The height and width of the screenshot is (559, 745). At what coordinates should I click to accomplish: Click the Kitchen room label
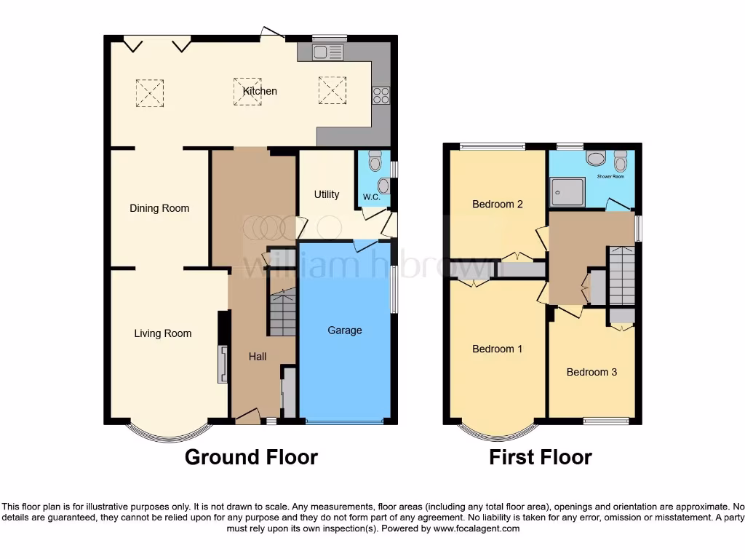pyautogui.click(x=260, y=91)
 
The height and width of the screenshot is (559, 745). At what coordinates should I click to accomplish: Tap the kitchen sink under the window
pyautogui.click(x=327, y=52)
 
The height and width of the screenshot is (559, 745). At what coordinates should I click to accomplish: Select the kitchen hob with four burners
pyautogui.click(x=381, y=95)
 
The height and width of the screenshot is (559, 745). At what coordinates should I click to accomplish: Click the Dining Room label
pyautogui.click(x=159, y=208)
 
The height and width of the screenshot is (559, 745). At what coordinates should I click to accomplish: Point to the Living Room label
pyautogui.click(x=162, y=333)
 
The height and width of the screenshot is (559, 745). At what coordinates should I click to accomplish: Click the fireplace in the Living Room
pyautogui.click(x=221, y=364)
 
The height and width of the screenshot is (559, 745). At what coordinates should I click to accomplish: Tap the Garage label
pyautogui.click(x=344, y=330)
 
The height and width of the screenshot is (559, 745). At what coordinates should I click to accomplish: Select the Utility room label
pyautogui.click(x=326, y=194)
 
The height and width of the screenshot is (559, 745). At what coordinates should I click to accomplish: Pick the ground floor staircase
pyautogui.click(x=282, y=312)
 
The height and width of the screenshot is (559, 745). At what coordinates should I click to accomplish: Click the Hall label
pyautogui.click(x=258, y=357)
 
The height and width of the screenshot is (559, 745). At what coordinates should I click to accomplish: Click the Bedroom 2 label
pyautogui.click(x=498, y=204)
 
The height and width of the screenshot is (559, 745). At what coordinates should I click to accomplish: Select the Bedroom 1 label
pyautogui.click(x=498, y=349)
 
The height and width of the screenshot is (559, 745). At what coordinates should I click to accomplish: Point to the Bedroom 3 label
pyautogui.click(x=591, y=372)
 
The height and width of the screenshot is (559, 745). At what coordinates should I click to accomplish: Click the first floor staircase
pyautogui.click(x=621, y=275)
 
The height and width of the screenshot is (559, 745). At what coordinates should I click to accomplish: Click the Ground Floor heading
pyautogui.click(x=251, y=457)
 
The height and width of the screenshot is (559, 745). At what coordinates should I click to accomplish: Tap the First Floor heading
pyautogui.click(x=541, y=457)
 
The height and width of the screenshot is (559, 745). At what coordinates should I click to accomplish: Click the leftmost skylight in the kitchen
pyautogui.click(x=150, y=93)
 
